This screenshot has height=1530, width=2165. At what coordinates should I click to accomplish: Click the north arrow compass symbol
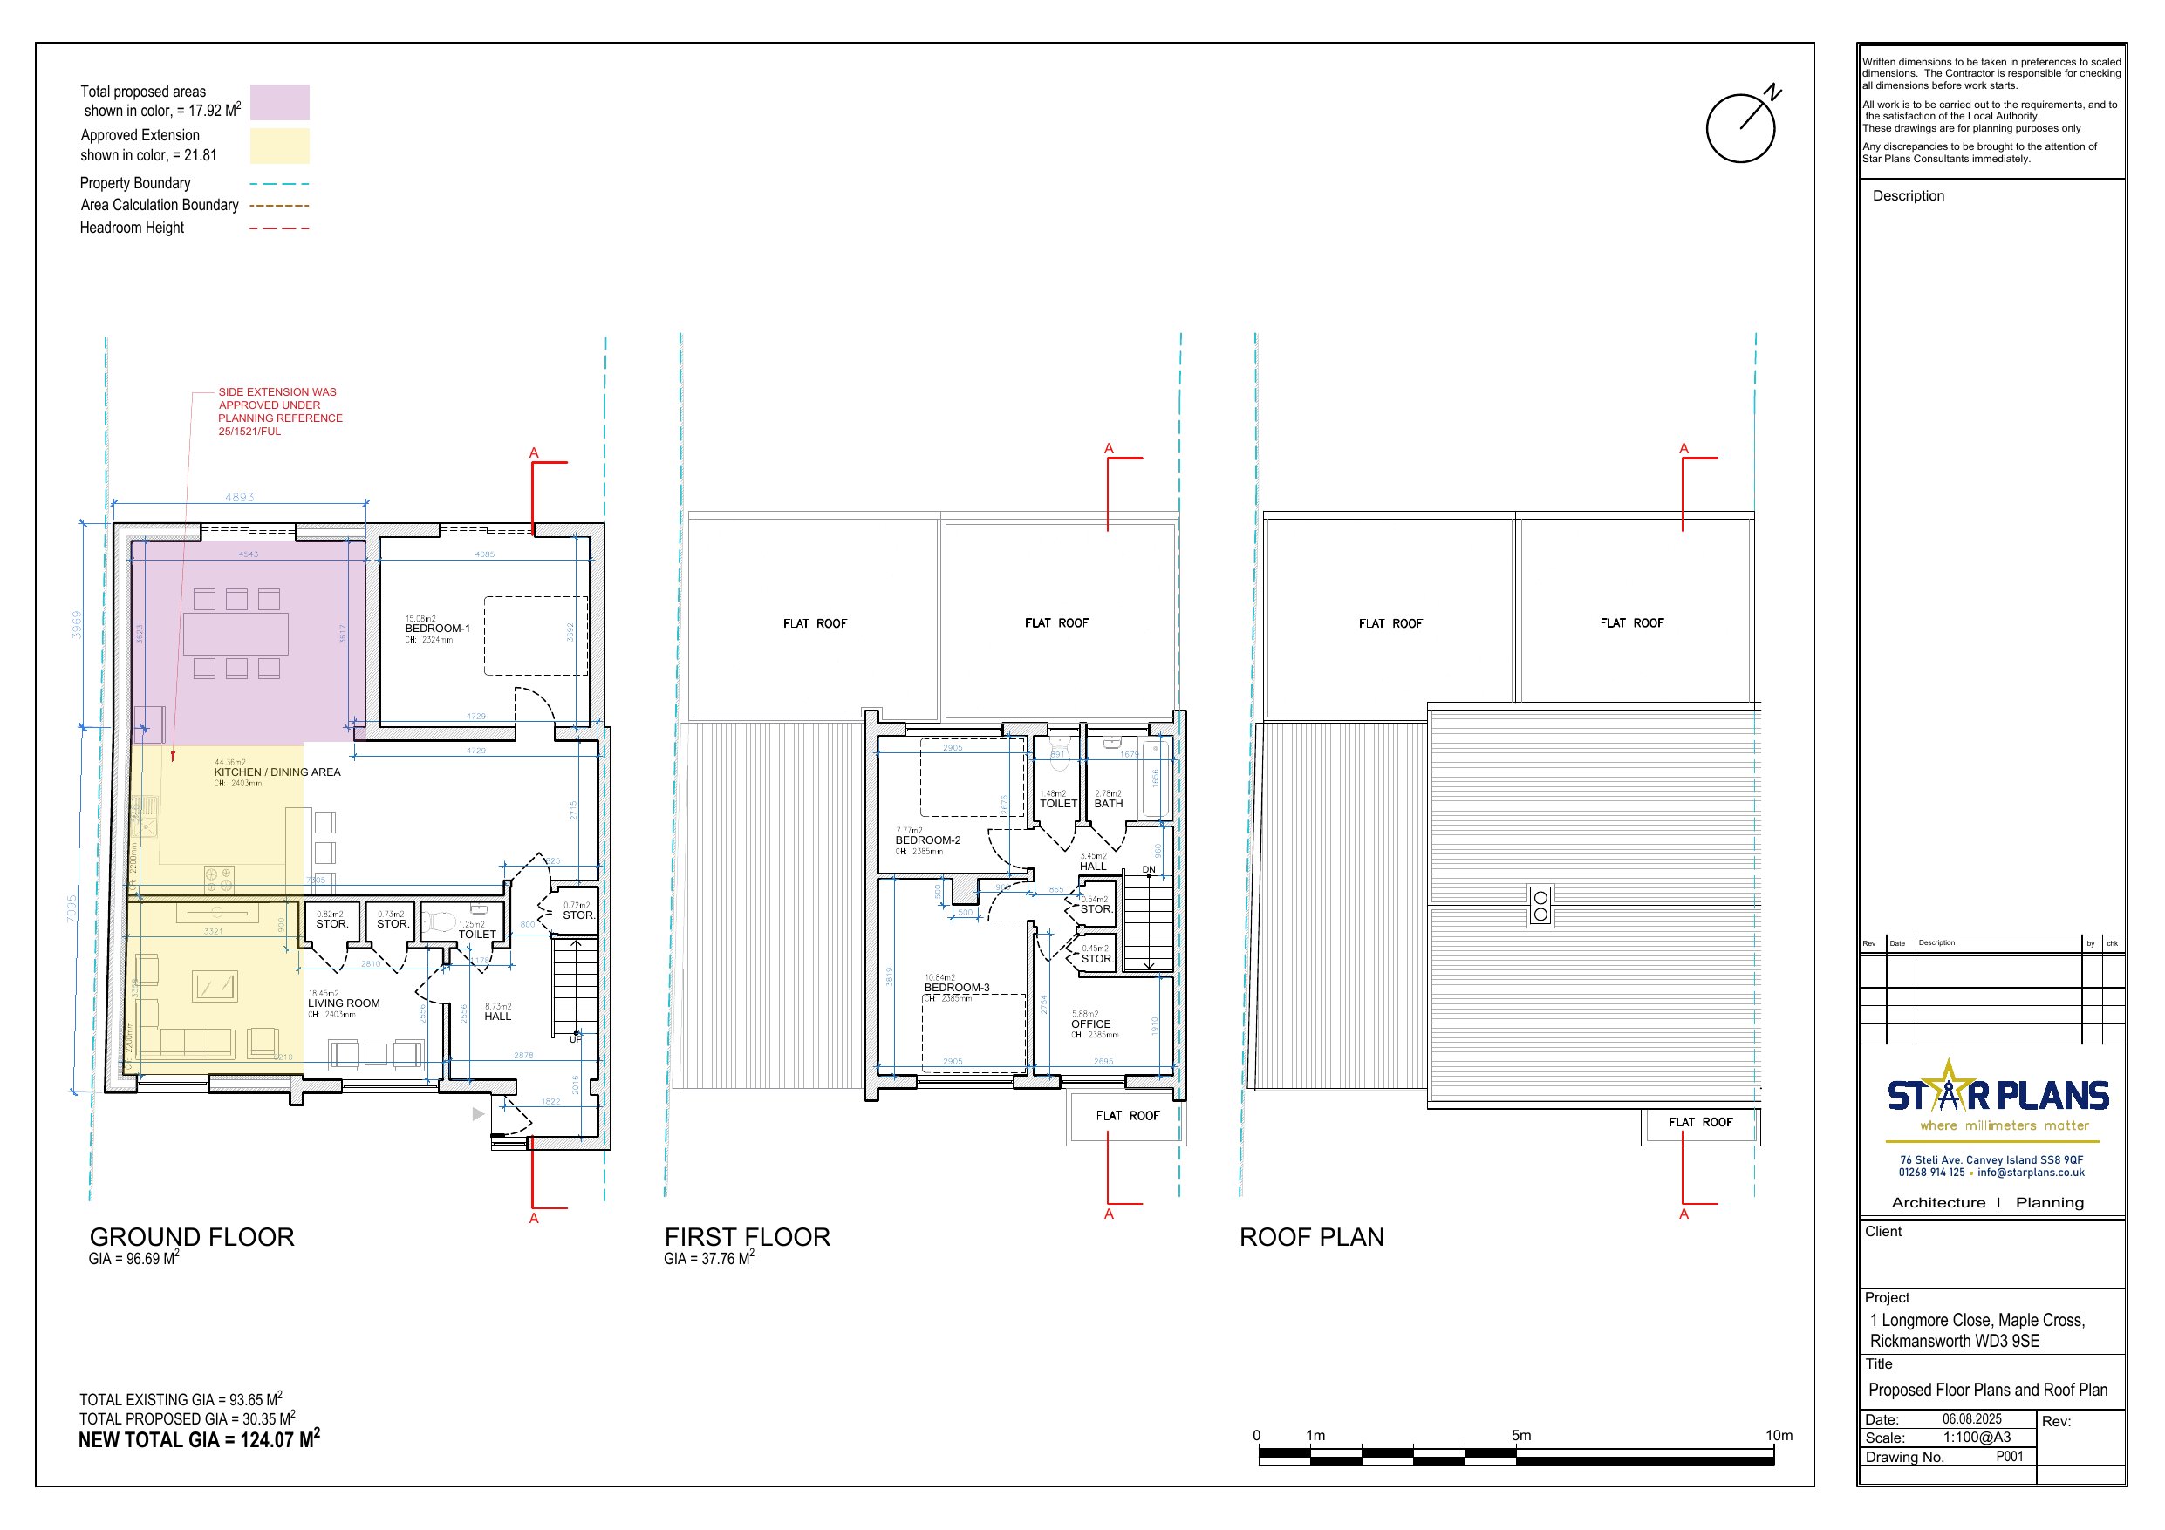(1741, 127)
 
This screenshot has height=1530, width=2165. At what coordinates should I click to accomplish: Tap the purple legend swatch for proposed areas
(279, 102)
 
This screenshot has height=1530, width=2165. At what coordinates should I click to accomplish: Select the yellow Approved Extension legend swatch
(279, 146)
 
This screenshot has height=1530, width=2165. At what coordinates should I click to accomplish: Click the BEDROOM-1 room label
(437, 628)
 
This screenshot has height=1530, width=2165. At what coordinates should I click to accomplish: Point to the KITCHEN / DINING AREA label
(277, 772)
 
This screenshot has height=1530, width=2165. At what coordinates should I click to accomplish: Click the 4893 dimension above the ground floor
(240, 497)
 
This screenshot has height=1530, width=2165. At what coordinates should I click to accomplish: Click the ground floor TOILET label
(476, 935)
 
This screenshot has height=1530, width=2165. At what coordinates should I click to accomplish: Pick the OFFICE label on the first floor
(1090, 1023)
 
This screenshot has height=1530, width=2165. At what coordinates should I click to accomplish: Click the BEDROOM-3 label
(956, 988)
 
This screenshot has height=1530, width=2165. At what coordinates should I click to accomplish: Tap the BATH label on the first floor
(1108, 804)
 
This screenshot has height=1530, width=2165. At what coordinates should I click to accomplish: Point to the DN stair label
(1149, 869)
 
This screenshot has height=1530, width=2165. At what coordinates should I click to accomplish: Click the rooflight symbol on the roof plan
(1540, 906)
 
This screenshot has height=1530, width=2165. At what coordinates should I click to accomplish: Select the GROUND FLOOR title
(191, 1237)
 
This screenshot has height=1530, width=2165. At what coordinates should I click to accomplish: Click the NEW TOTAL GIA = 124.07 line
(199, 1439)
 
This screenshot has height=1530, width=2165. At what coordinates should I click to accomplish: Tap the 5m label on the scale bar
(1521, 1435)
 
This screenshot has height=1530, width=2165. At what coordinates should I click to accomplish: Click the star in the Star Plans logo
(1947, 1087)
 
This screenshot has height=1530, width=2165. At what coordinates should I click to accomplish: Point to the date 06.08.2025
(1970, 1418)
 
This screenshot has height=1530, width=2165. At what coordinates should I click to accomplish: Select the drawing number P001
(2010, 1457)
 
